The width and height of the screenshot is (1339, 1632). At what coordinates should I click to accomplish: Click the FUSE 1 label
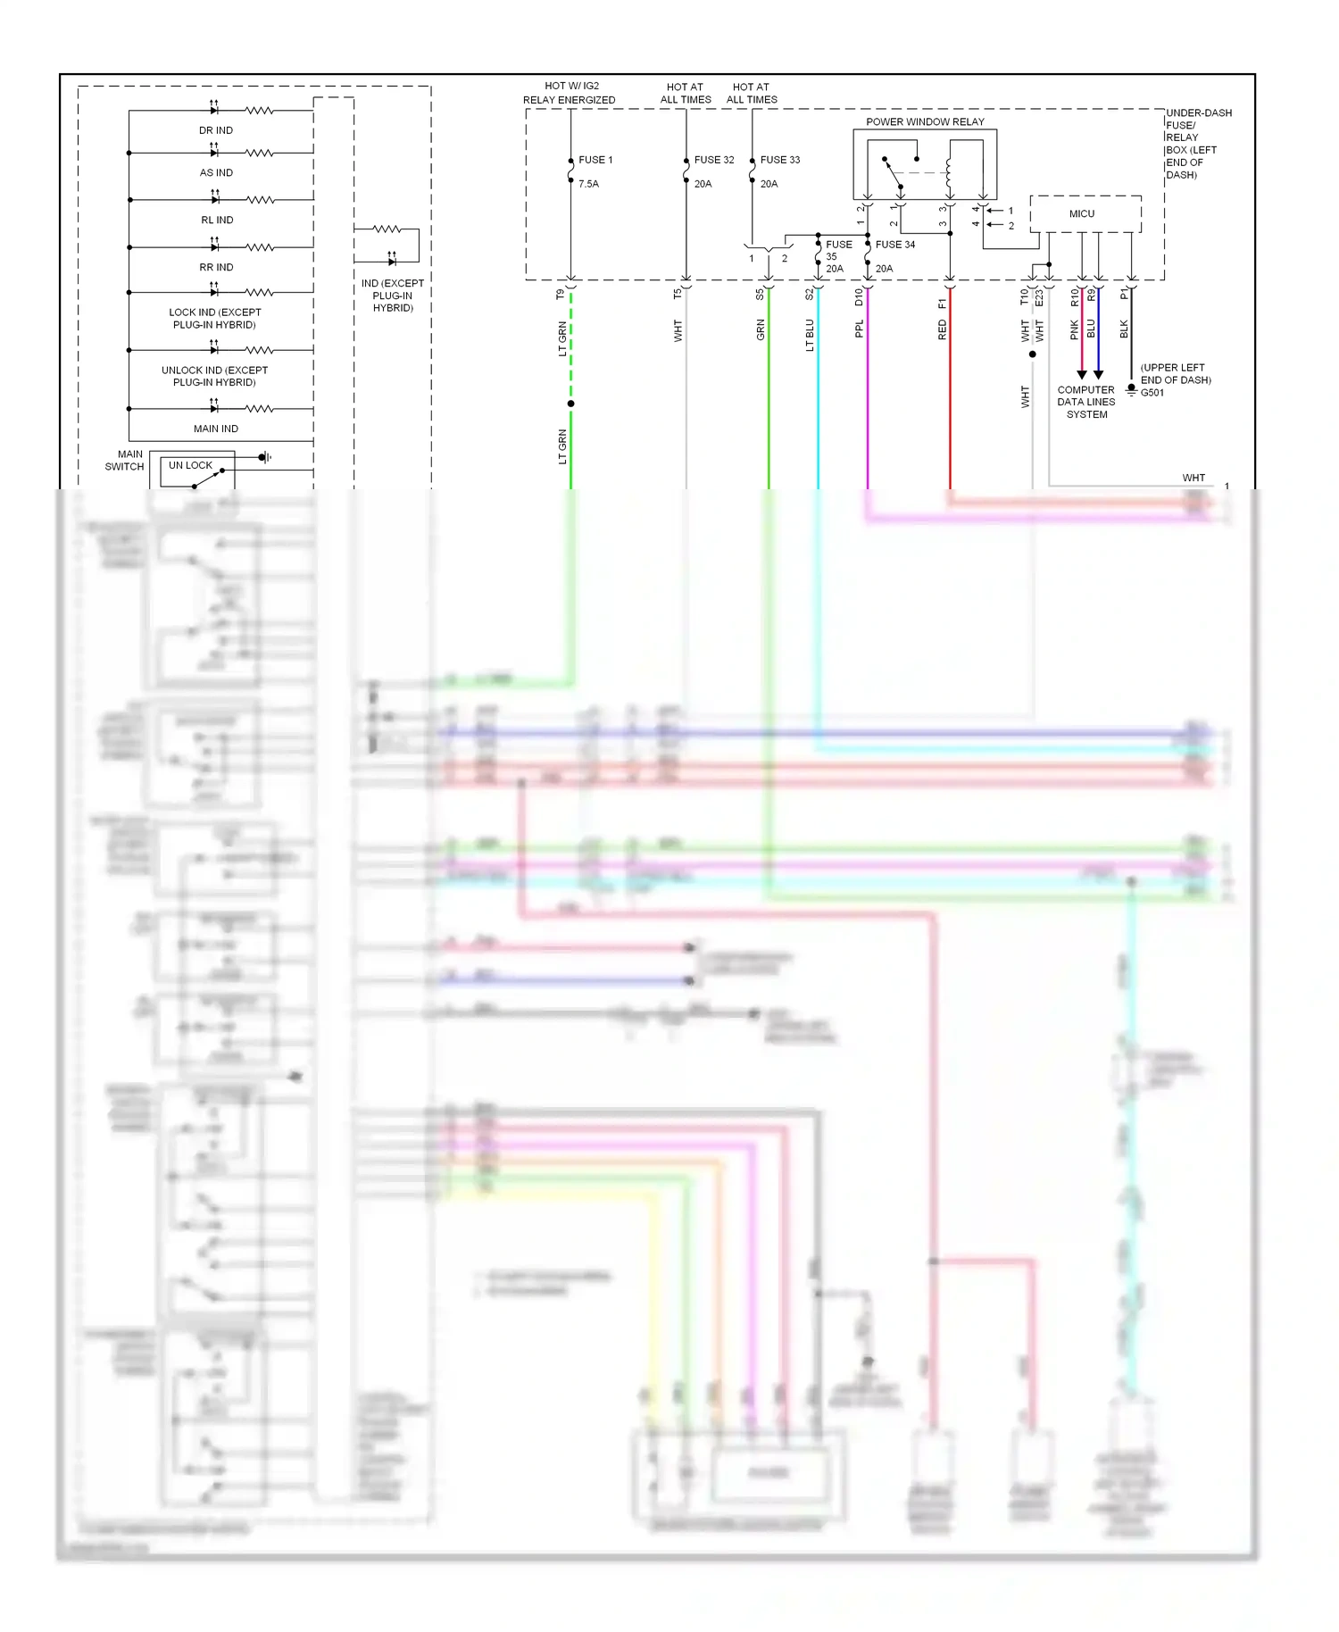[x=595, y=160]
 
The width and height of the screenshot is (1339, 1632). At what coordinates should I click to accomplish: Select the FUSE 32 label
[x=714, y=160]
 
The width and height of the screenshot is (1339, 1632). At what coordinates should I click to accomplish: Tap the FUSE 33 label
[x=780, y=160]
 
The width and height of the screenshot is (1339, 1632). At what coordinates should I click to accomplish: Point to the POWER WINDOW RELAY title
[x=925, y=121]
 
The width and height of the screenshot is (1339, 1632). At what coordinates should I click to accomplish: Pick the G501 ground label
[x=1152, y=393]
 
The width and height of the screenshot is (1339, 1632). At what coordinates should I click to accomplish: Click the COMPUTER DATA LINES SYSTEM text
[x=1086, y=403]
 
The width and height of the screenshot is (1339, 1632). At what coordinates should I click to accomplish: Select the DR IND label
[x=216, y=130]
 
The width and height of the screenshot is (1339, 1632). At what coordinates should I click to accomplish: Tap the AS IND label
[x=216, y=173]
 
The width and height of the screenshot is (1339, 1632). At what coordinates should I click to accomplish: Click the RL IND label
[x=217, y=221]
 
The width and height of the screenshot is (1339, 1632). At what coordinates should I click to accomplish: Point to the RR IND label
[x=216, y=268]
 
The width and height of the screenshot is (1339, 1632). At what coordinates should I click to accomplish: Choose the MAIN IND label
[x=216, y=429]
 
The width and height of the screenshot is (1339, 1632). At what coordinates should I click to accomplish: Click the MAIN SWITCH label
[x=126, y=461]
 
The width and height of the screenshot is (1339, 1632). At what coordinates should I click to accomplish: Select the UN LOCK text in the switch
[x=190, y=465]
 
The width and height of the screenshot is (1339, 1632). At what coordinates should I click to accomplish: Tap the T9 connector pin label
[x=561, y=294]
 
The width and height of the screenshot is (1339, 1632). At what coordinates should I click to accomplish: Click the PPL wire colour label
[x=860, y=329]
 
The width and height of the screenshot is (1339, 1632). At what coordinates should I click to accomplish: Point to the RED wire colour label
[x=942, y=330]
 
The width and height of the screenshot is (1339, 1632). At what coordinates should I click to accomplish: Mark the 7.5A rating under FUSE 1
[x=588, y=184]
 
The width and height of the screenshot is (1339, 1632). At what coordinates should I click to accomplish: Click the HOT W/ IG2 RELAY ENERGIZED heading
[x=570, y=93]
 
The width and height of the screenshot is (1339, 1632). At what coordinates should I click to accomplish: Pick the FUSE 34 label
[x=895, y=245]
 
